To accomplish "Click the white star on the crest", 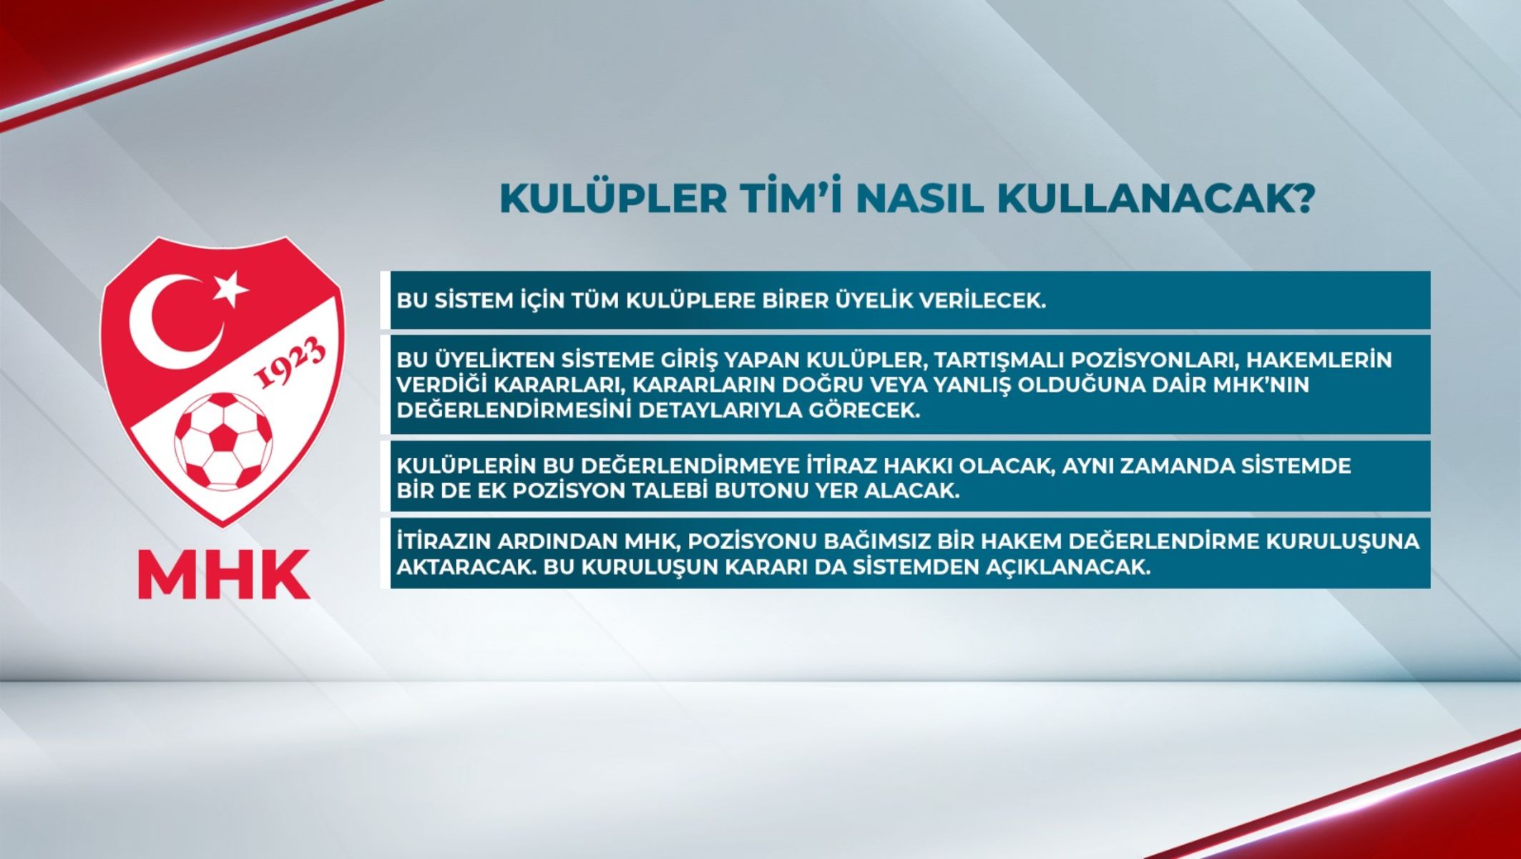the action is [x=230, y=288].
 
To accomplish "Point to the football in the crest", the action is [x=223, y=441].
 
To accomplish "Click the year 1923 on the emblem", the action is [x=290, y=364].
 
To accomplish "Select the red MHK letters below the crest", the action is [x=224, y=575].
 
